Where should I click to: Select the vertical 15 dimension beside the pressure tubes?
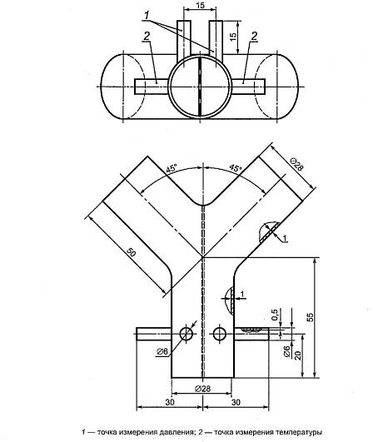click(233, 37)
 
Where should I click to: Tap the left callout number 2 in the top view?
click(147, 36)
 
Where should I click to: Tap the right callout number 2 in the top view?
click(254, 36)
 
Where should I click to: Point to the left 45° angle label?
click(172, 169)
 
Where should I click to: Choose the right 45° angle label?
click(236, 168)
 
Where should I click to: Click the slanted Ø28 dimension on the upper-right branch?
click(296, 164)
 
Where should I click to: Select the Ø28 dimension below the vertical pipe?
click(202, 389)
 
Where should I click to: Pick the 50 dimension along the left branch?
click(131, 252)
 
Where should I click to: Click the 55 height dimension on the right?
click(310, 317)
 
